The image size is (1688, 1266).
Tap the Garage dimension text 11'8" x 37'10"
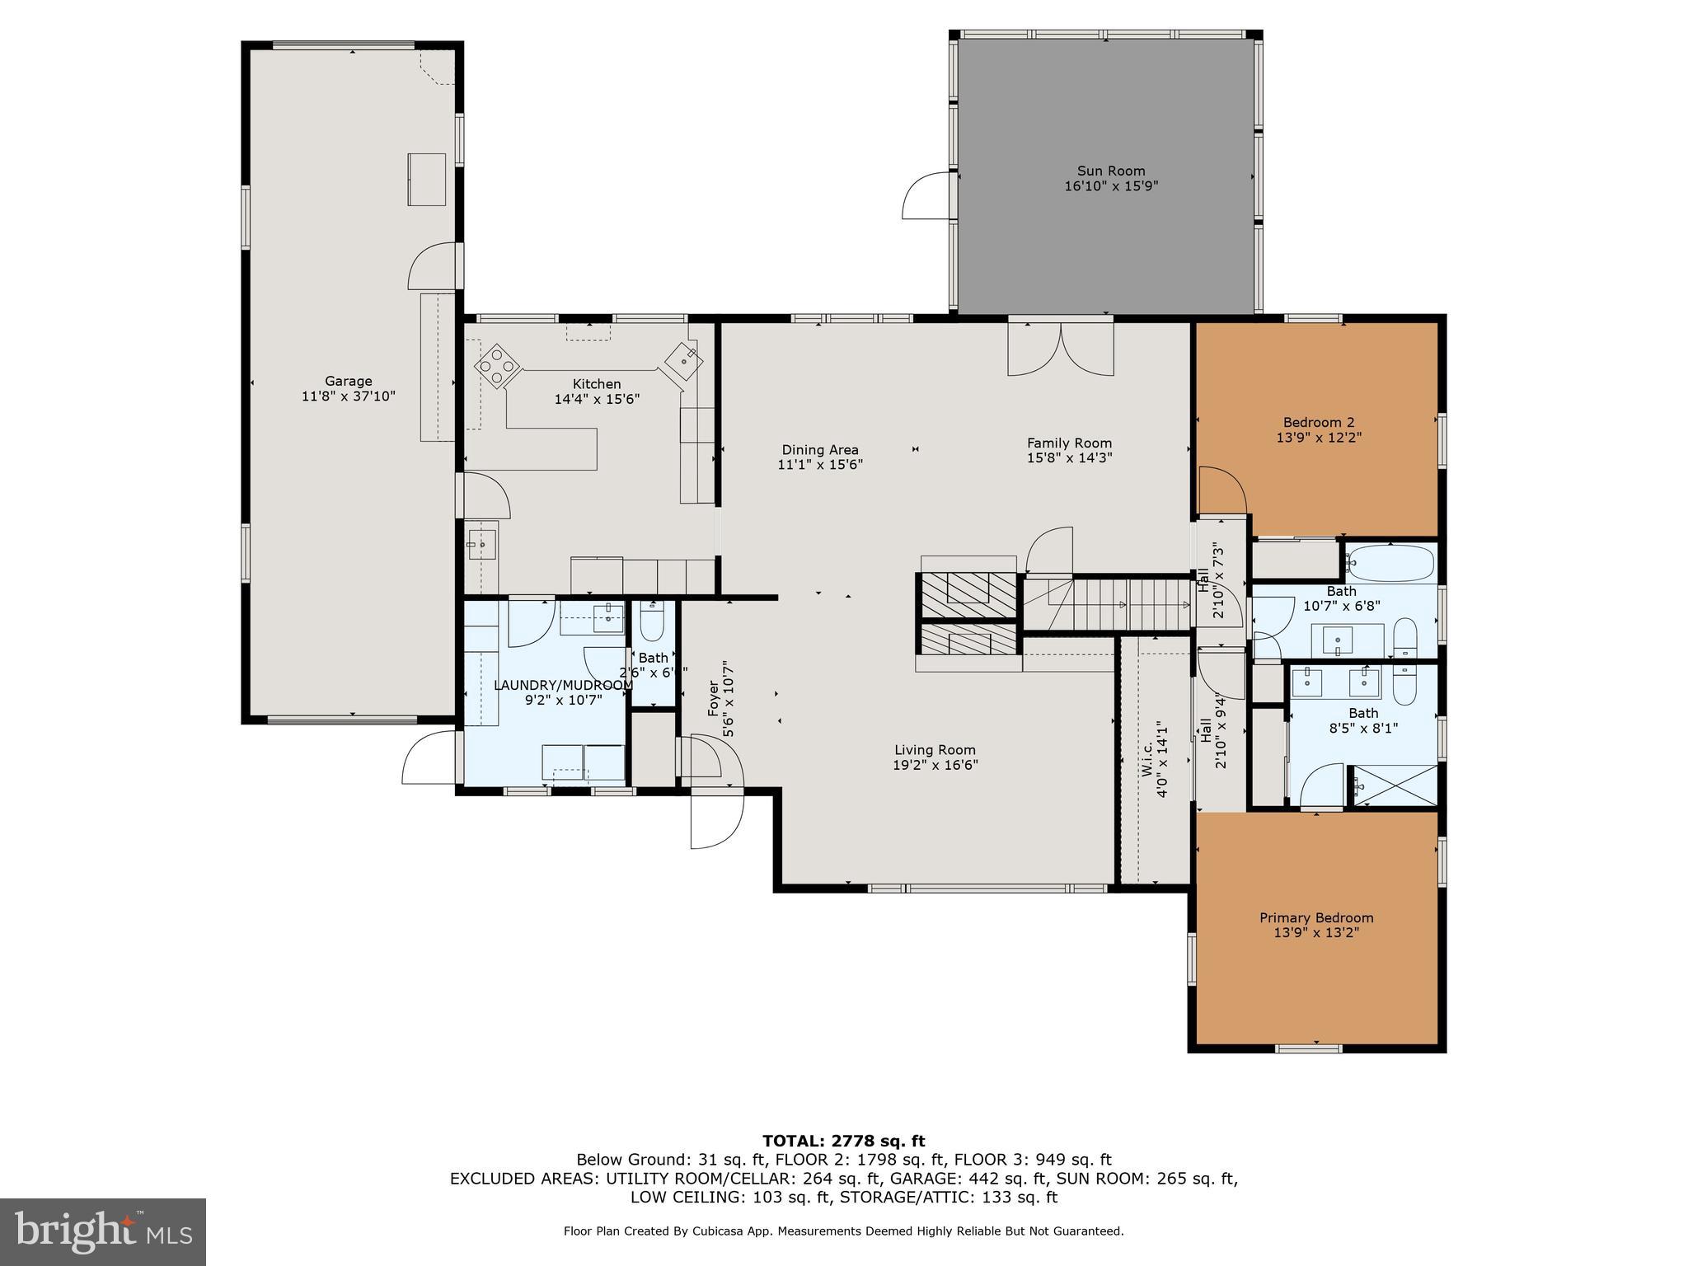pos(348,396)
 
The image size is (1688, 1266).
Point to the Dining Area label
pos(820,450)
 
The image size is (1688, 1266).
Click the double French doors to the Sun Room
pos(1061,349)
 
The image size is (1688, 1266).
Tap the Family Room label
pos(1069,443)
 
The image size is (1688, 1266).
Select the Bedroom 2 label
pos(1318,423)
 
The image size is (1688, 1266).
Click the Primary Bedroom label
pos(1316,918)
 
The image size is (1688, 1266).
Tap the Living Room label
pos(935,750)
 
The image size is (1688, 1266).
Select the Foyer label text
pos(715,697)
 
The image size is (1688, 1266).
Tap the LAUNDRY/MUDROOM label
pos(563,685)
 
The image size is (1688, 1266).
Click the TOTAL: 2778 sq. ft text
pos(843,1142)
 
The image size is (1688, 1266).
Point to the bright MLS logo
pos(103,1232)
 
